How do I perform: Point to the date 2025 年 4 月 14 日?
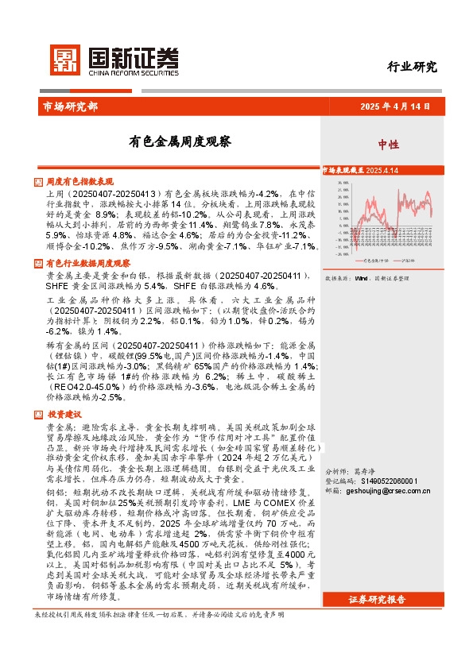tap(394, 106)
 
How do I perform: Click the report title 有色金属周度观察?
tap(180, 142)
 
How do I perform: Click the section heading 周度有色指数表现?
tap(79, 182)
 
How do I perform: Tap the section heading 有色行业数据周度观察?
tap(88, 263)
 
